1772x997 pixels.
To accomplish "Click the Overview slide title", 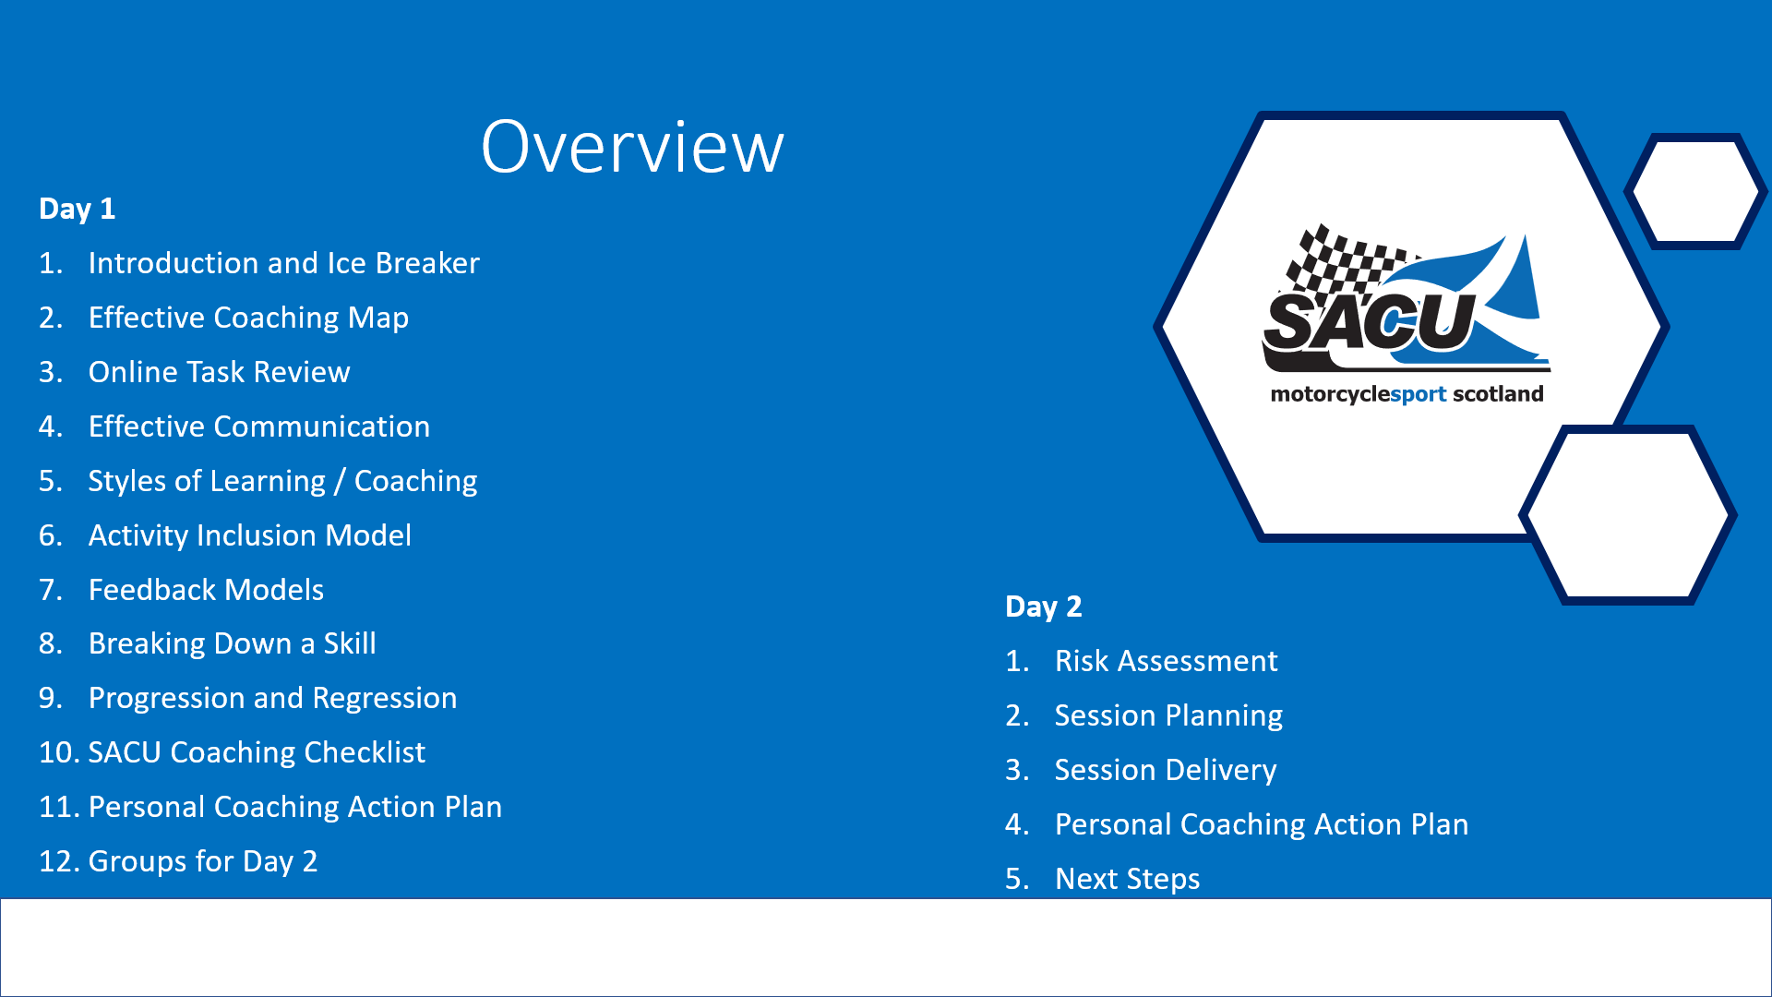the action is [x=632, y=147].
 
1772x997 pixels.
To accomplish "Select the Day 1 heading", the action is [x=77, y=209].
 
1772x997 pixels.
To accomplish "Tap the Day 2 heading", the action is [x=1043, y=607].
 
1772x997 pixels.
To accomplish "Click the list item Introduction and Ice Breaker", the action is [x=283, y=263].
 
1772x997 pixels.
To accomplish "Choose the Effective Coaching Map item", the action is [x=248, y=318].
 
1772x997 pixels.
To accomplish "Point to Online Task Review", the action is [x=219, y=372].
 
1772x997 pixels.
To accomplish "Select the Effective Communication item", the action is [x=259, y=426].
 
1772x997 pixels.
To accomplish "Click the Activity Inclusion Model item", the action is [x=250, y=535].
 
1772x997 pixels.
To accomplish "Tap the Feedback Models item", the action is [x=206, y=590].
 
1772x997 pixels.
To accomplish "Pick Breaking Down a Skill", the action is [x=232, y=643].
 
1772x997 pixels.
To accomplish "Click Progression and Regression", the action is [x=272, y=698].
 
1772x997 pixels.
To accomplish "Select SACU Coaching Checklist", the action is [x=257, y=752].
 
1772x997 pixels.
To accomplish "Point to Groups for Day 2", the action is [x=202, y=861].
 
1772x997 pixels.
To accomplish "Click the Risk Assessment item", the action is [x=1166, y=661].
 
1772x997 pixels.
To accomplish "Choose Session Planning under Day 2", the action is [x=1168, y=715].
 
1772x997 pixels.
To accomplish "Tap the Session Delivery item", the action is [x=1166, y=770].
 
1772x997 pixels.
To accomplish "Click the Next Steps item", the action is [x=1127, y=879].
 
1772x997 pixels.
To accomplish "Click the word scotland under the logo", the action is [x=1498, y=394].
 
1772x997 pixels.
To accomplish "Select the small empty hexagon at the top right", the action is [x=1696, y=192].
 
